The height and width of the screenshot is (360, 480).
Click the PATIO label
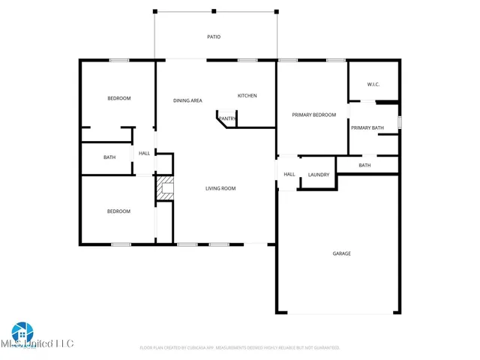[214, 36]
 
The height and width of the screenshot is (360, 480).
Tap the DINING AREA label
[187, 100]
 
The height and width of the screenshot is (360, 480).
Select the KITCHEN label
[247, 95]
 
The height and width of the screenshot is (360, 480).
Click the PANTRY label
[227, 118]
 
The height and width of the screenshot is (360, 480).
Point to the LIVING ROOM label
[220, 188]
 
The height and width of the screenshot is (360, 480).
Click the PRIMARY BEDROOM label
[313, 114]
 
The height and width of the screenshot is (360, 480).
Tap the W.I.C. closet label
[373, 84]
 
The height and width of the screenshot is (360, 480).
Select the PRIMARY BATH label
[367, 127]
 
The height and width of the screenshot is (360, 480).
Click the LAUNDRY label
[318, 175]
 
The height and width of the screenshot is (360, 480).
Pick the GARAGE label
[341, 253]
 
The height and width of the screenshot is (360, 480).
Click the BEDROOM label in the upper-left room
[118, 98]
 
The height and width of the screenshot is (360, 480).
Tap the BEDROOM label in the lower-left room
[118, 211]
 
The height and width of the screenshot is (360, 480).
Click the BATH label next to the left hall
[109, 157]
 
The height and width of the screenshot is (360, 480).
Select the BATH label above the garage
[364, 165]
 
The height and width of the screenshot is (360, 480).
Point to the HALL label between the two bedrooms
[144, 153]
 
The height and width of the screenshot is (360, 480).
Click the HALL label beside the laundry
[289, 175]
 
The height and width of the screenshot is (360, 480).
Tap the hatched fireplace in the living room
[164, 189]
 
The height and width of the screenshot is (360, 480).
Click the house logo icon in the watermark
[22, 331]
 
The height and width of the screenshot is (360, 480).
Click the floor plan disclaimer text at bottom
[240, 348]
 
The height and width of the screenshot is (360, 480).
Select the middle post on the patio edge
[214, 11]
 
